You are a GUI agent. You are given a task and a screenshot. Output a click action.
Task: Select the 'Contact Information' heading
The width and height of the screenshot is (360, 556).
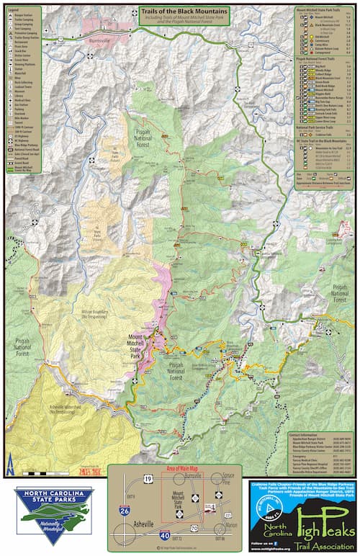click(306, 436)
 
